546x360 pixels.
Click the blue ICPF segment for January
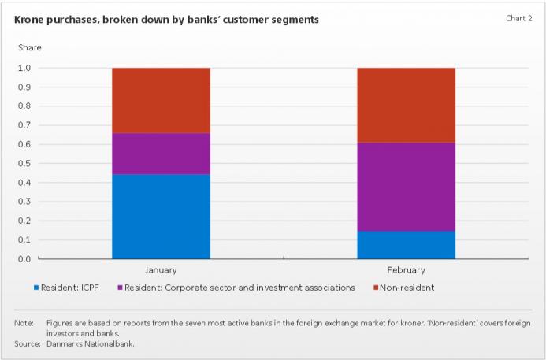click(x=161, y=216)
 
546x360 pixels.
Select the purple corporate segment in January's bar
click(x=161, y=153)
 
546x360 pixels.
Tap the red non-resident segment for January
click(x=161, y=100)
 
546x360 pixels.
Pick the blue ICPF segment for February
click(x=406, y=244)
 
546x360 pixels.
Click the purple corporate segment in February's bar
click(x=406, y=187)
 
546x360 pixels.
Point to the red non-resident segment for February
click(x=406, y=105)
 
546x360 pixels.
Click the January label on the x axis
click(x=161, y=270)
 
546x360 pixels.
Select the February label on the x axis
click(x=406, y=270)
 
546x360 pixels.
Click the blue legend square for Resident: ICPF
click(x=36, y=288)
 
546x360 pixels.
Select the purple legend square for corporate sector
click(x=121, y=288)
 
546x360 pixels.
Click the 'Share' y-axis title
click(x=30, y=48)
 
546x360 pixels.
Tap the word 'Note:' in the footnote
click(x=24, y=324)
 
